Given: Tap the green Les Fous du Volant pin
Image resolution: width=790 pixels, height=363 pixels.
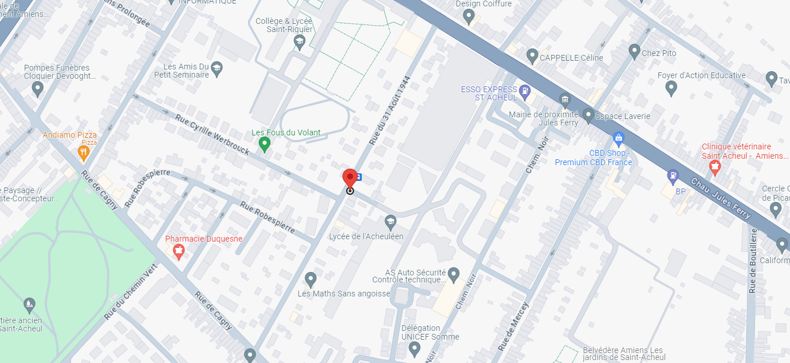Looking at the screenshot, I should [264, 144].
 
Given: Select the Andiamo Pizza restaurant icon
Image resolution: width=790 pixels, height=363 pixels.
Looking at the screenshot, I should [83, 153].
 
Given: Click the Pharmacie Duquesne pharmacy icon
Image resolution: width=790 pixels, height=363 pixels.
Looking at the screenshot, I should [179, 252].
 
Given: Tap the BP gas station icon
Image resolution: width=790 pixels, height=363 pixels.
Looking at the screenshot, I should [673, 174].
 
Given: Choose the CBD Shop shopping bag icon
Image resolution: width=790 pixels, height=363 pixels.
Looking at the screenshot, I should [618, 138].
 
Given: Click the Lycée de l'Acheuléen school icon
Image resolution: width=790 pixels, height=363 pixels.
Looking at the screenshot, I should [390, 222].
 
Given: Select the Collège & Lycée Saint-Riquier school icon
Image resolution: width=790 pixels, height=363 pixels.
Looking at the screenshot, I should [299, 41].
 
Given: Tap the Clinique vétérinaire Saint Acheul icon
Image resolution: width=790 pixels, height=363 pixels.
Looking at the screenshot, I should [713, 167].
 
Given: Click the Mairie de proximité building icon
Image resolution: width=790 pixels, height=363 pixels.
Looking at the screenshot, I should [564, 100].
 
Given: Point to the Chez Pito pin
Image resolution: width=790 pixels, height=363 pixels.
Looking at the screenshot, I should [635, 51].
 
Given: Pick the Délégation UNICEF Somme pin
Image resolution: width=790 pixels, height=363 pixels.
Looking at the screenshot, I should [415, 349].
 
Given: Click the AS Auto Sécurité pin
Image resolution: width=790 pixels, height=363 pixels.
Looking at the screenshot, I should [454, 273].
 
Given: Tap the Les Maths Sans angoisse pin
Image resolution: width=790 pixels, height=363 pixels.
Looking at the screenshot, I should [311, 279].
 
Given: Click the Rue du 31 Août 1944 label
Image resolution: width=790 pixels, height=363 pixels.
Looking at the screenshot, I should [390, 111].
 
